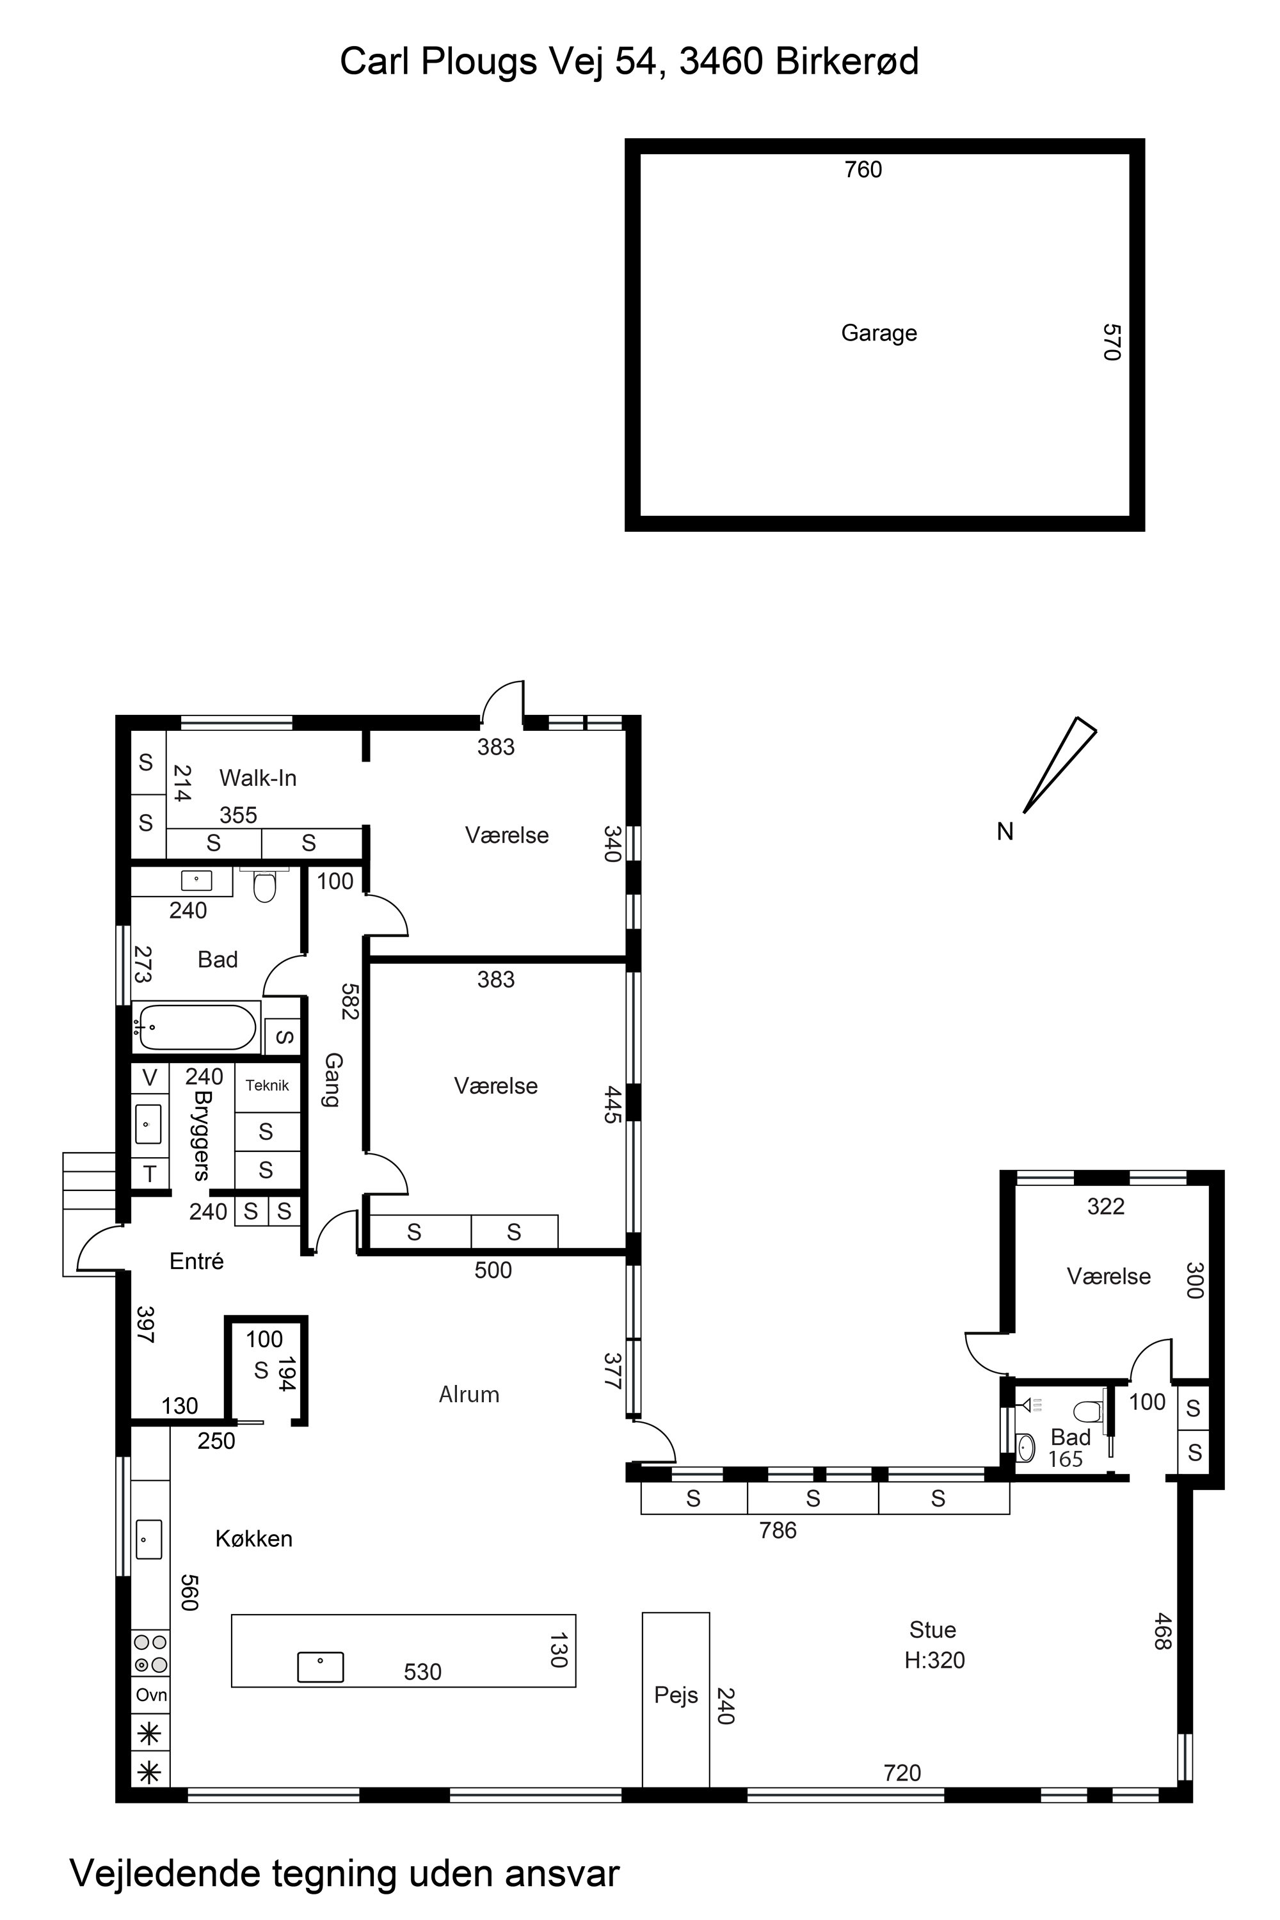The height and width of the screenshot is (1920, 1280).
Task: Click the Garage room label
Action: (879, 333)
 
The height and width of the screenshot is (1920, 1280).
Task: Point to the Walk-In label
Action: (258, 778)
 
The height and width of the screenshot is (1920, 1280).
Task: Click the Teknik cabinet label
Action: (267, 1085)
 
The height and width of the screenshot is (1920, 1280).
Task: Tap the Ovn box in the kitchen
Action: (151, 1695)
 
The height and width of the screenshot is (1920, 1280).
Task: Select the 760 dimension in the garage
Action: (863, 170)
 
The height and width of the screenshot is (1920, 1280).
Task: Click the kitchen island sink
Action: (320, 1667)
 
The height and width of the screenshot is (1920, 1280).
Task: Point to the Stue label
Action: (932, 1629)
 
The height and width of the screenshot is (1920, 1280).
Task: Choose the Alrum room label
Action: (468, 1395)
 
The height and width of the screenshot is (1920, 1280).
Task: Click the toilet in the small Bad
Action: (1088, 1412)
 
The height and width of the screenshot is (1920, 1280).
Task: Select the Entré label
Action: (196, 1261)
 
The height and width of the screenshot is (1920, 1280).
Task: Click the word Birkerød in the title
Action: (847, 61)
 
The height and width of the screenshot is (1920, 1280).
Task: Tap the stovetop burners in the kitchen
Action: (151, 1653)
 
